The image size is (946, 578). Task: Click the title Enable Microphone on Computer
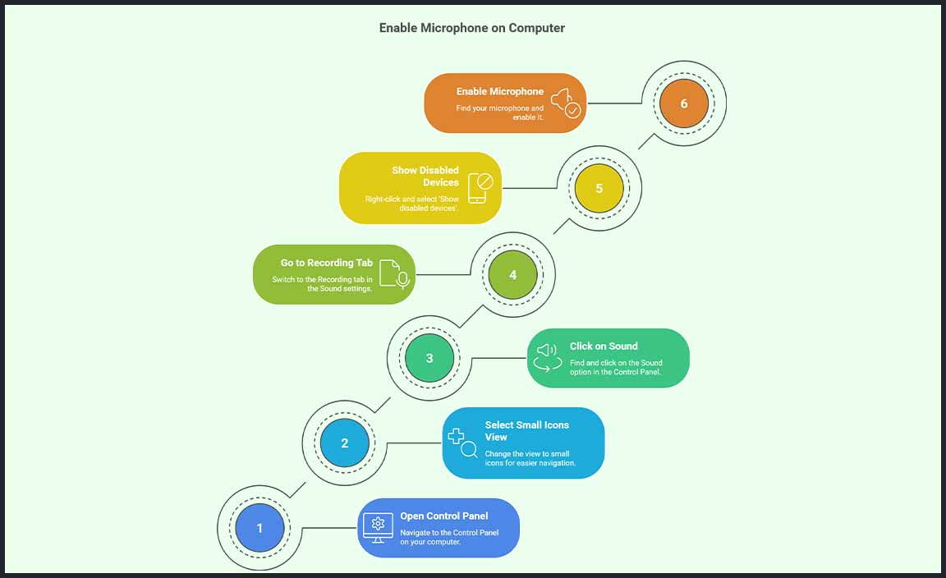click(471, 28)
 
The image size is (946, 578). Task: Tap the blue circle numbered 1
click(259, 528)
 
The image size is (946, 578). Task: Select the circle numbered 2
click(344, 443)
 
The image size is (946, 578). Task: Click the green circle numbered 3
click(429, 358)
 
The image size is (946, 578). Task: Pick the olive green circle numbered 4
click(513, 274)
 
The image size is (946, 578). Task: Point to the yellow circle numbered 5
click(599, 189)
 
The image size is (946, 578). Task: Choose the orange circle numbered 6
click(683, 104)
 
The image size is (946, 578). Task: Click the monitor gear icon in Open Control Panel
click(378, 527)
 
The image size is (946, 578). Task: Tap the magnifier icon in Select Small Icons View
click(462, 443)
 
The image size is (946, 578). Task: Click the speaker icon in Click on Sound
click(548, 357)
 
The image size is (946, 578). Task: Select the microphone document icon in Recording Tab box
click(395, 274)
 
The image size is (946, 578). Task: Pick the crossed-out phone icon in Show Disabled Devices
click(479, 188)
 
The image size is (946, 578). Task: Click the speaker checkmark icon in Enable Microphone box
click(566, 103)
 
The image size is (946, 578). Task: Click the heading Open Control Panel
click(443, 516)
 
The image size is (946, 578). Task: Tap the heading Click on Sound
click(604, 346)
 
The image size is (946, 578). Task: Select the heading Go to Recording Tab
click(327, 263)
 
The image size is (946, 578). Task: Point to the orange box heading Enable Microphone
click(500, 91)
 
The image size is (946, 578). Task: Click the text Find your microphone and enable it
click(500, 112)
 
